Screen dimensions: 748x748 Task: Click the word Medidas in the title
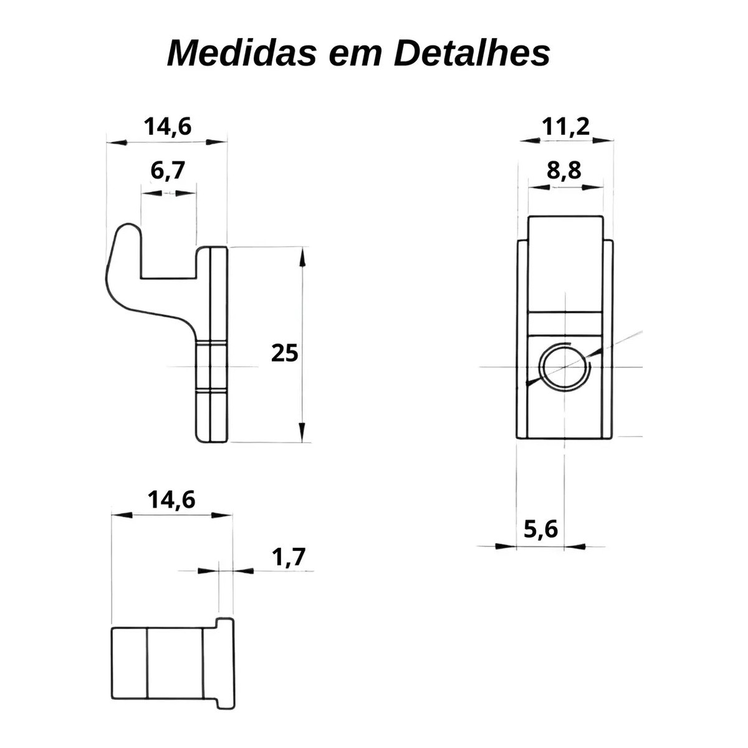click(241, 53)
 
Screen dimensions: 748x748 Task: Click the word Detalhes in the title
click(472, 53)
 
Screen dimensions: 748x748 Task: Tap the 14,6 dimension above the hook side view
click(168, 127)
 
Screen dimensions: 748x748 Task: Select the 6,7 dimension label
click(167, 171)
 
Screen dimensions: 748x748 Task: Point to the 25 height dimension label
click(284, 353)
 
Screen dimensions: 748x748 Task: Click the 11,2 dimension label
click(566, 127)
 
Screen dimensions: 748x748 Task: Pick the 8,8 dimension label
click(564, 170)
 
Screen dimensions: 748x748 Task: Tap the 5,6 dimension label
click(540, 529)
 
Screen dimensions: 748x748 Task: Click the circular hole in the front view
click(564, 367)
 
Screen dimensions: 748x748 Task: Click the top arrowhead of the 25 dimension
click(303, 257)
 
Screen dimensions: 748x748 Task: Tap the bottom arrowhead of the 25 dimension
click(303, 431)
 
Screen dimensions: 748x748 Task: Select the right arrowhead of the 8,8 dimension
click(593, 188)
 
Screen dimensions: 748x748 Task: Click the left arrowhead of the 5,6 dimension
click(506, 547)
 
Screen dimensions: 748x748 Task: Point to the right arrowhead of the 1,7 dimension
click(243, 571)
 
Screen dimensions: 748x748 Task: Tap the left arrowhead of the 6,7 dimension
click(151, 193)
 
